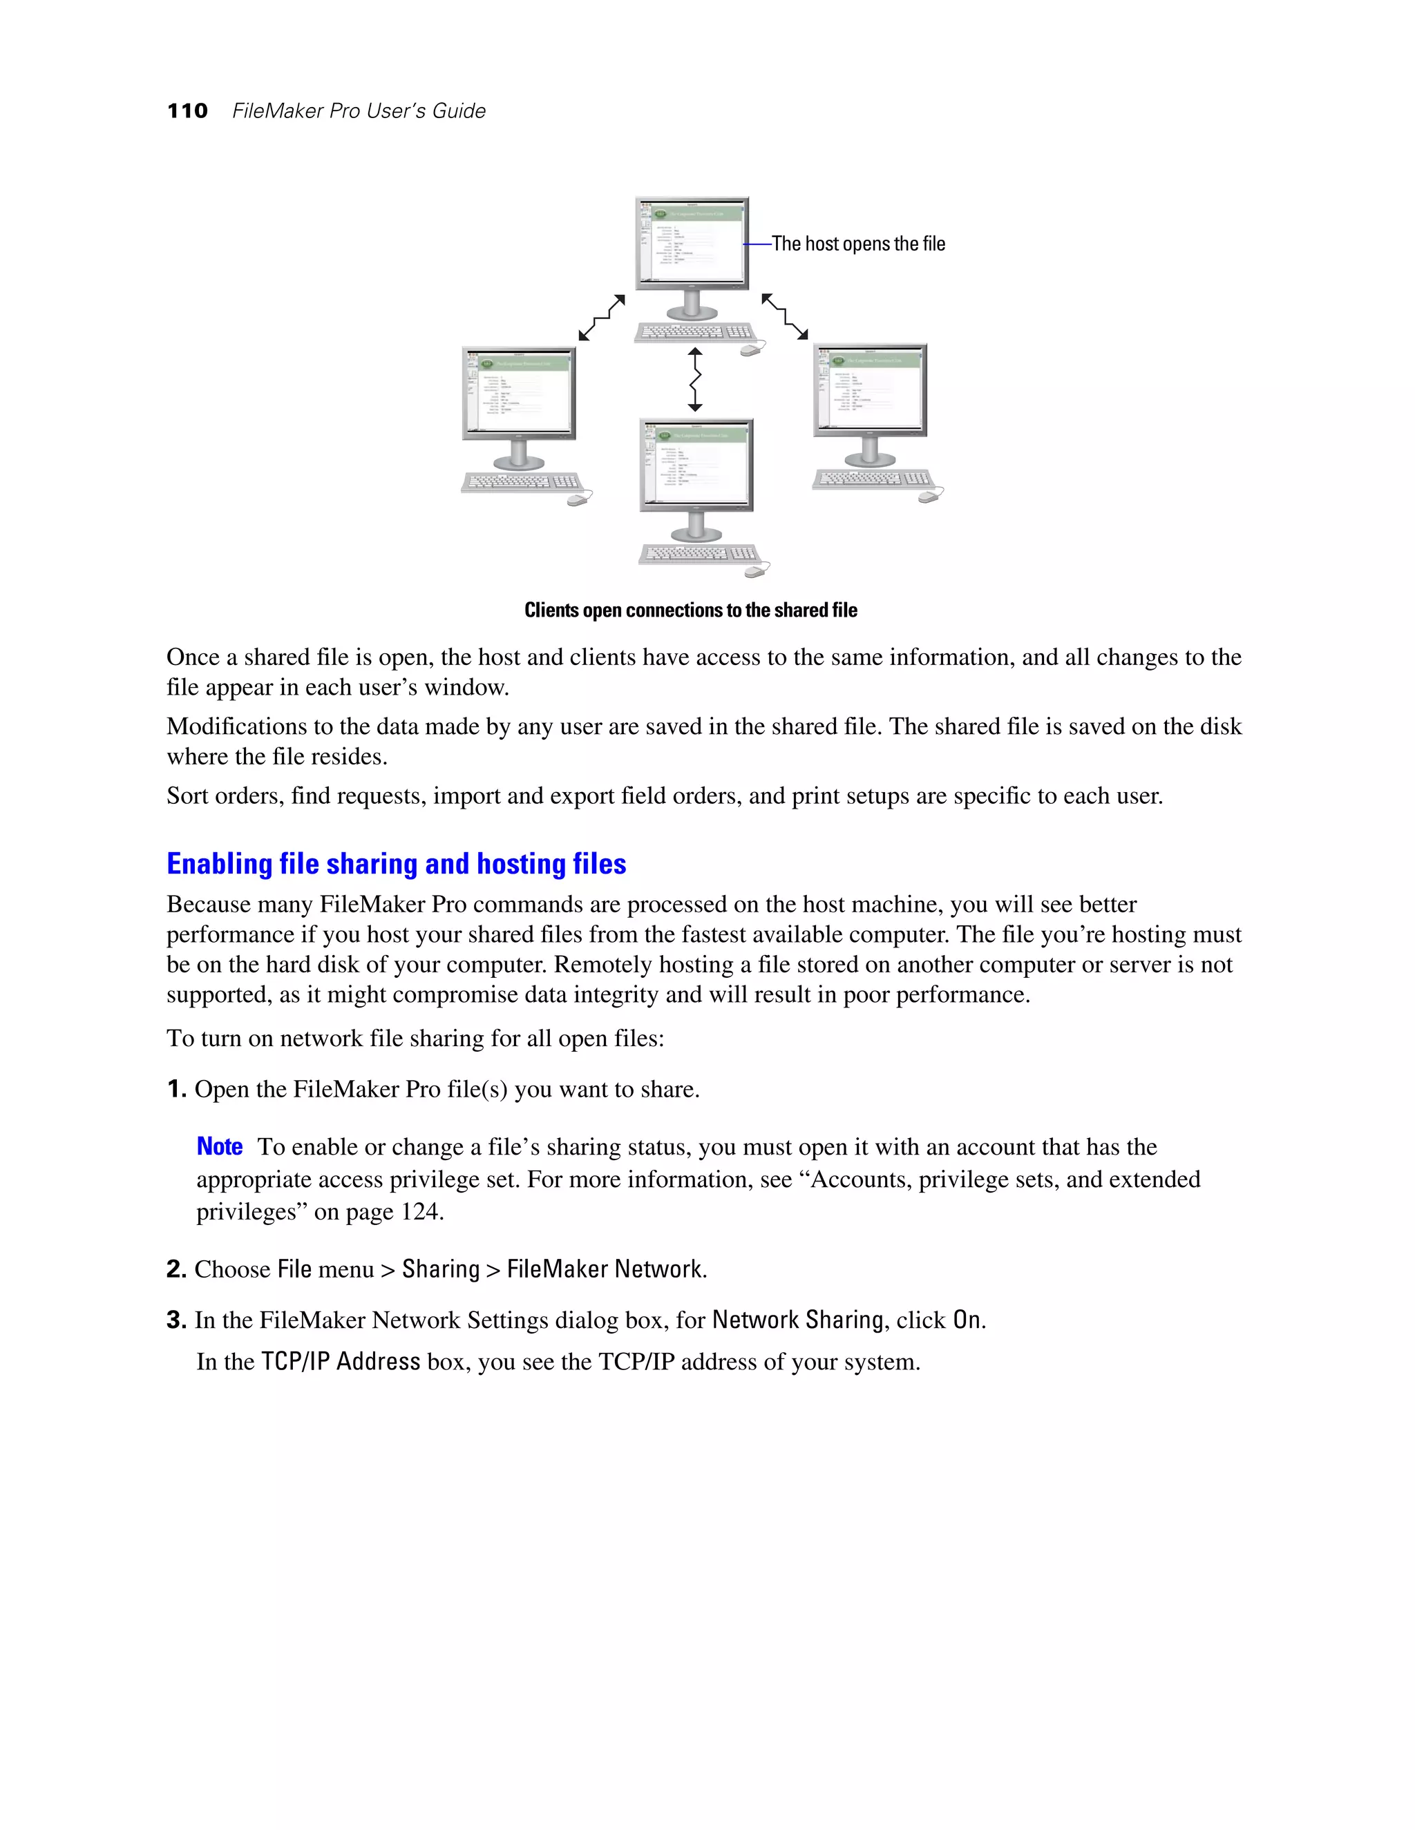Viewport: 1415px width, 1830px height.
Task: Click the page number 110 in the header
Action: coord(187,110)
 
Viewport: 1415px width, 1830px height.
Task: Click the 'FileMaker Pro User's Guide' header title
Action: coord(359,110)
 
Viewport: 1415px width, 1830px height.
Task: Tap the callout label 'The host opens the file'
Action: coord(857,244)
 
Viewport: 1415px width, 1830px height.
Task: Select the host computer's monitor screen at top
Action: coord(692,243)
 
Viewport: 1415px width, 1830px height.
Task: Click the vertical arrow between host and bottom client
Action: coord(695,380)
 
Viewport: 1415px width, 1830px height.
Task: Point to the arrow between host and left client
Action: coord(601,318)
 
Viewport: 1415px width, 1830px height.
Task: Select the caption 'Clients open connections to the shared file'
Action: coord(691,610)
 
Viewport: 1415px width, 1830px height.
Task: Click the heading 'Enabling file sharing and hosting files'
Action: coord(396,864)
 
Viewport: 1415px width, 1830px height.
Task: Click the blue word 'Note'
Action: coord(220,1146)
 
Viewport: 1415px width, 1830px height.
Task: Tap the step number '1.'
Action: coord(176,1089)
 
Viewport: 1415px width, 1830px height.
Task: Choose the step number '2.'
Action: coord(176,1269)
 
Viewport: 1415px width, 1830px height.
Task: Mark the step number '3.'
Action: coord(176,1320)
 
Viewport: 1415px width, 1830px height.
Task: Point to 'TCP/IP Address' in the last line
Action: coord(341,1362)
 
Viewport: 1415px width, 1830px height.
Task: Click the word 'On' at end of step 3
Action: coord(967,1320)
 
